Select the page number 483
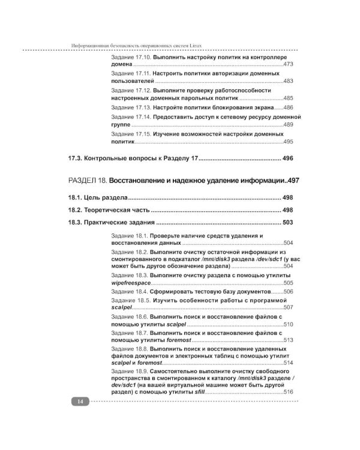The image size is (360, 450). click(287, 81)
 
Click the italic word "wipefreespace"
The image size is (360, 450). click(130, 283)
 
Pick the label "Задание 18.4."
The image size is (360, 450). click(130, 291)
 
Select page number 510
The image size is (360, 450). click(287, 324)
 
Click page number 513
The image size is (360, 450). click(287, 340)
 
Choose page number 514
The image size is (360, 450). click(287, 364)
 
